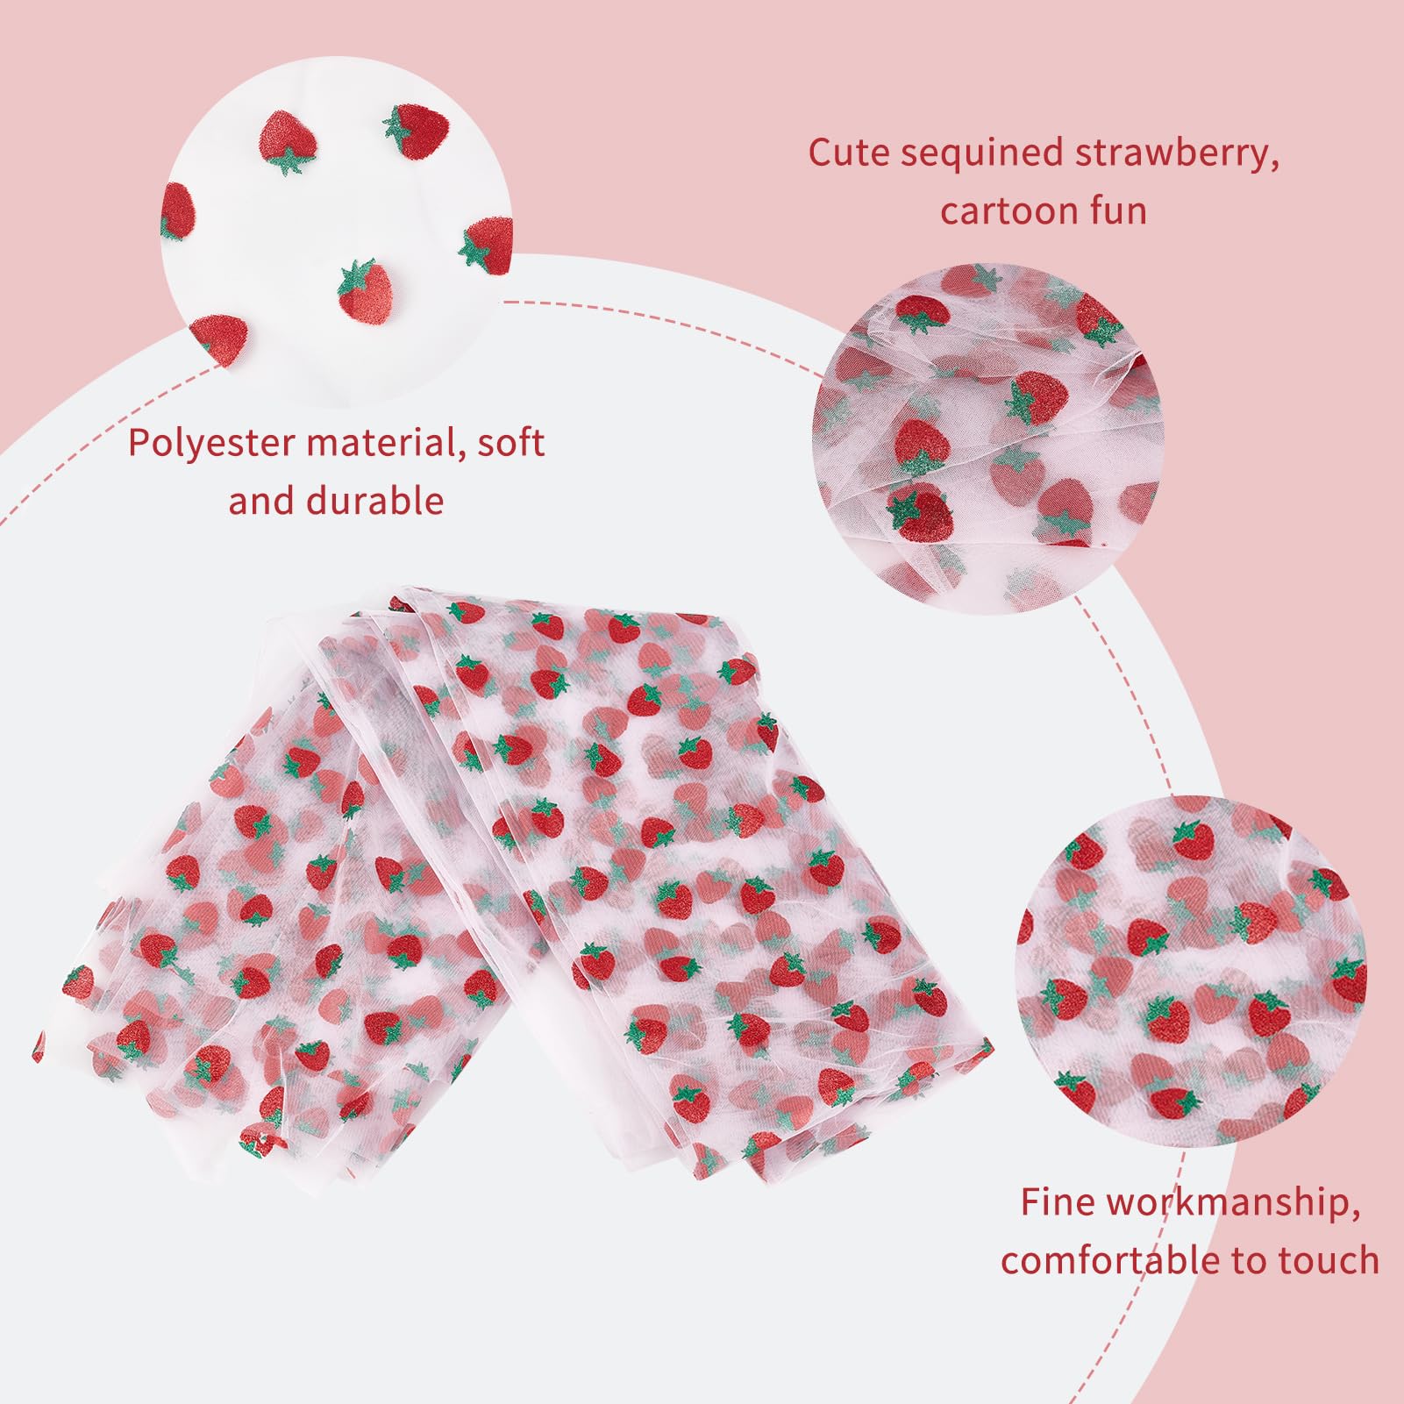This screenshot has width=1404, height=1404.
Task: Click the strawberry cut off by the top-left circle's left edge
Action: (x=178, y=210)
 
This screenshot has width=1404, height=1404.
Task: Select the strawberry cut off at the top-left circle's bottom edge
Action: (x=217, y=331)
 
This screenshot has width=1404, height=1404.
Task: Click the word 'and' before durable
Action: (x=260, y=500)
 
